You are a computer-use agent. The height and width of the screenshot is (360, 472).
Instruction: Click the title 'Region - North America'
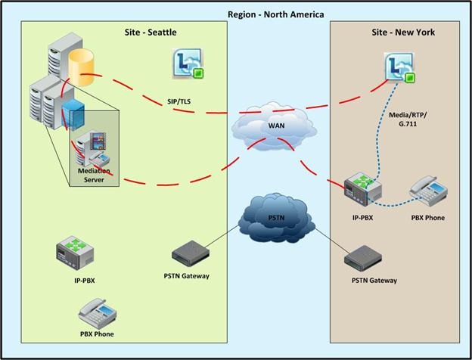click(276, 14)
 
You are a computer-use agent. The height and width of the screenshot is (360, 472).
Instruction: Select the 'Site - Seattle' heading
click(151, 33)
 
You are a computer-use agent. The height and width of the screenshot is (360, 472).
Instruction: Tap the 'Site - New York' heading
click(403, 33)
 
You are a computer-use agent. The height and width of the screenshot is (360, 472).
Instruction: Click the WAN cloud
click(274, 126)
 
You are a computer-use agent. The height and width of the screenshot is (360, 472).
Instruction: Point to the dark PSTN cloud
click(276, 218)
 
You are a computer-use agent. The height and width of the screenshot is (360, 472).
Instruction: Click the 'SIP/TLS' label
click(179, 101)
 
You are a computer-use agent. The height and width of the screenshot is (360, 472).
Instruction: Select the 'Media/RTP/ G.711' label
click(408, 119)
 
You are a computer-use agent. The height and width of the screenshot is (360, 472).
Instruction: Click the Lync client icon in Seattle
click(188, 64)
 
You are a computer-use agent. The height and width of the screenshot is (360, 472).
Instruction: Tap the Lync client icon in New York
click(400, 68)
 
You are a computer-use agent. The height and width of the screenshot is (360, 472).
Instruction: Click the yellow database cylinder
click(81, 67)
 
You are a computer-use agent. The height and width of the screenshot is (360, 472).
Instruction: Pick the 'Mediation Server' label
click(94, 175)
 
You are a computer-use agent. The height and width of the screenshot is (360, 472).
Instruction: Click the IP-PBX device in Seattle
click(75, 253)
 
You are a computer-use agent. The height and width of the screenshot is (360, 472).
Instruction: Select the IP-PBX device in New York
click(363, 189)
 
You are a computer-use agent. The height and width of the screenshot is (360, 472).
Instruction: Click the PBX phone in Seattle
click(98, 314)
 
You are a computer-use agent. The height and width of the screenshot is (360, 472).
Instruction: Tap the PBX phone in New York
click(428, 191)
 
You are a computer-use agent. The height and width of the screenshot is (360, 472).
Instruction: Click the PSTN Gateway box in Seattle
click(191, 253)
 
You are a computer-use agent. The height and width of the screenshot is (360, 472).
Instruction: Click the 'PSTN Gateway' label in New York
click(374, 281)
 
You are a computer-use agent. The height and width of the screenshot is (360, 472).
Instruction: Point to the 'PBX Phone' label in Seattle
click(97, 334)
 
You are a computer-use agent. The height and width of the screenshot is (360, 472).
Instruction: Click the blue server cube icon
click(73, 113)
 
